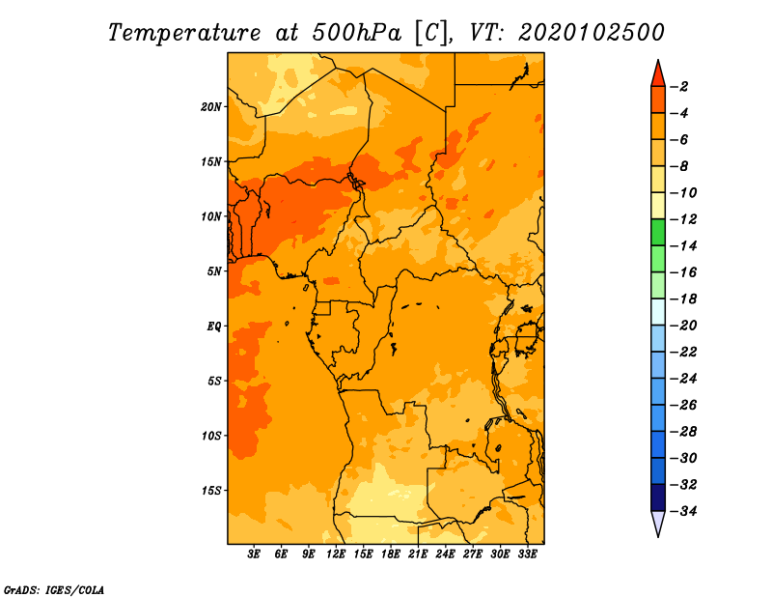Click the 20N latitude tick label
pyautogui.click(x=211, y=107)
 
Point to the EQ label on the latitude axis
pyautogui.click(x=213, y=327)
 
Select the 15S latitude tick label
pyautogui.click(x=211, y=491)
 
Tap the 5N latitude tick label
pyautogui.click(x=214, y=271)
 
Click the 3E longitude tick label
pyautogui.click(x=254, y=554)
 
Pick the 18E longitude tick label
pyautogui.click(x=391, y=554)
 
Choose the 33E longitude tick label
pyautogui.click(x=527, y=554)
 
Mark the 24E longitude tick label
pyautogui.click(x=445, y=554)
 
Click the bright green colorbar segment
pyautogui.click(x=658, y=232)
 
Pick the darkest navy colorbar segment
pyautogui.click(x=658, y=497)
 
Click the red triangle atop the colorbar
pyautogui.click(x=658, y=74)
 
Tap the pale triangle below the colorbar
pyautogui.click(x=658, y=524)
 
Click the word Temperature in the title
pyautogui.click(x=184, y=33)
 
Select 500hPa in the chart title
pyautogui.click(x=357, y=33)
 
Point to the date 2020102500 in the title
pyautogui.click(x=592, y=33)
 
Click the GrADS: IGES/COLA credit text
pyautogui.click(x=54, y=590)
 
